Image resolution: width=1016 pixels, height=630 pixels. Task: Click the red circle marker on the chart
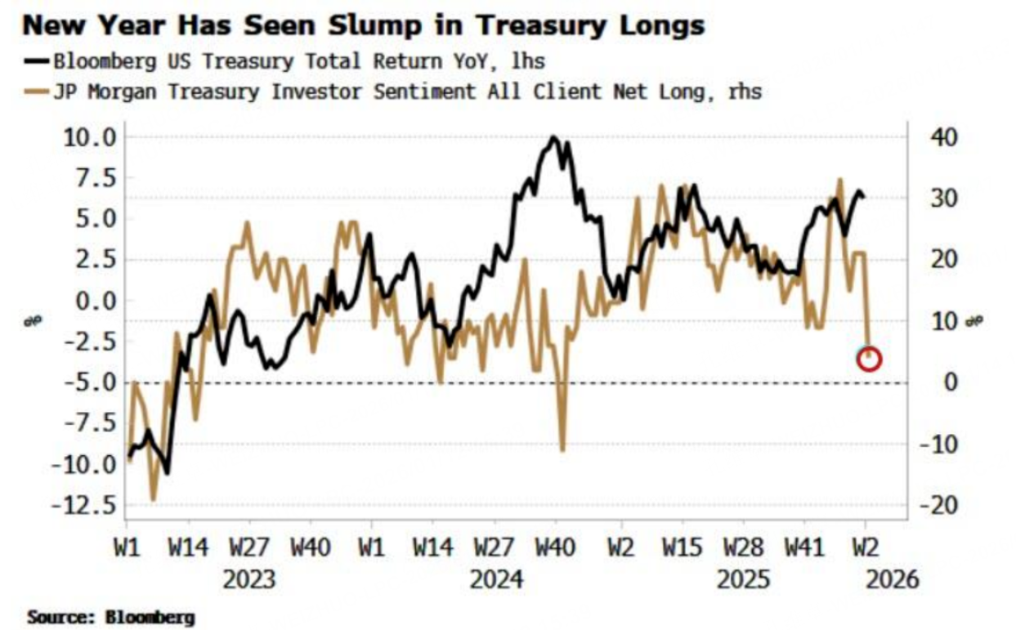pos(870,358)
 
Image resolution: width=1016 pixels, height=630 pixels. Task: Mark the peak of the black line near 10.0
pos(555,138)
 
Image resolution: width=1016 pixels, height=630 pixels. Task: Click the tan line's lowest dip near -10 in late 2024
pos(562,449)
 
